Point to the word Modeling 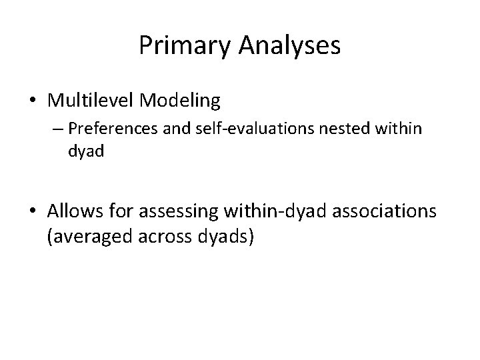[x=179, y=101]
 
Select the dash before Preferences [x=53, y=128]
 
